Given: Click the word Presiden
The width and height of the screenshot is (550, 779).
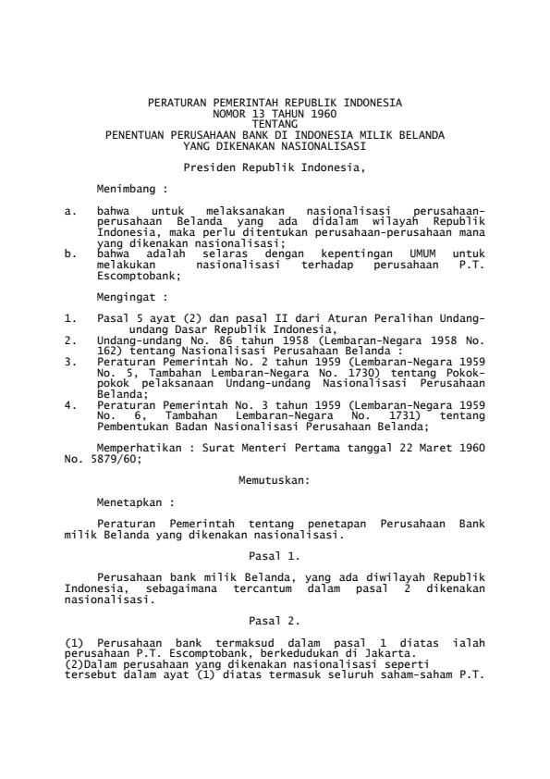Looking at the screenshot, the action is [206, 167].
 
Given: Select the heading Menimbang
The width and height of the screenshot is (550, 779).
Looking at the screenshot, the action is [128, 187].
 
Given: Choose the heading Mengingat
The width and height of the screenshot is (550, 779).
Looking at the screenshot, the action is [128, 299].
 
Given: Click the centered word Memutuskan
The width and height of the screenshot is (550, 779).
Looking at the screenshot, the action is [274, 480].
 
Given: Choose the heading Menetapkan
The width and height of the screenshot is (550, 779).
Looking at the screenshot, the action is [134, 504].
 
